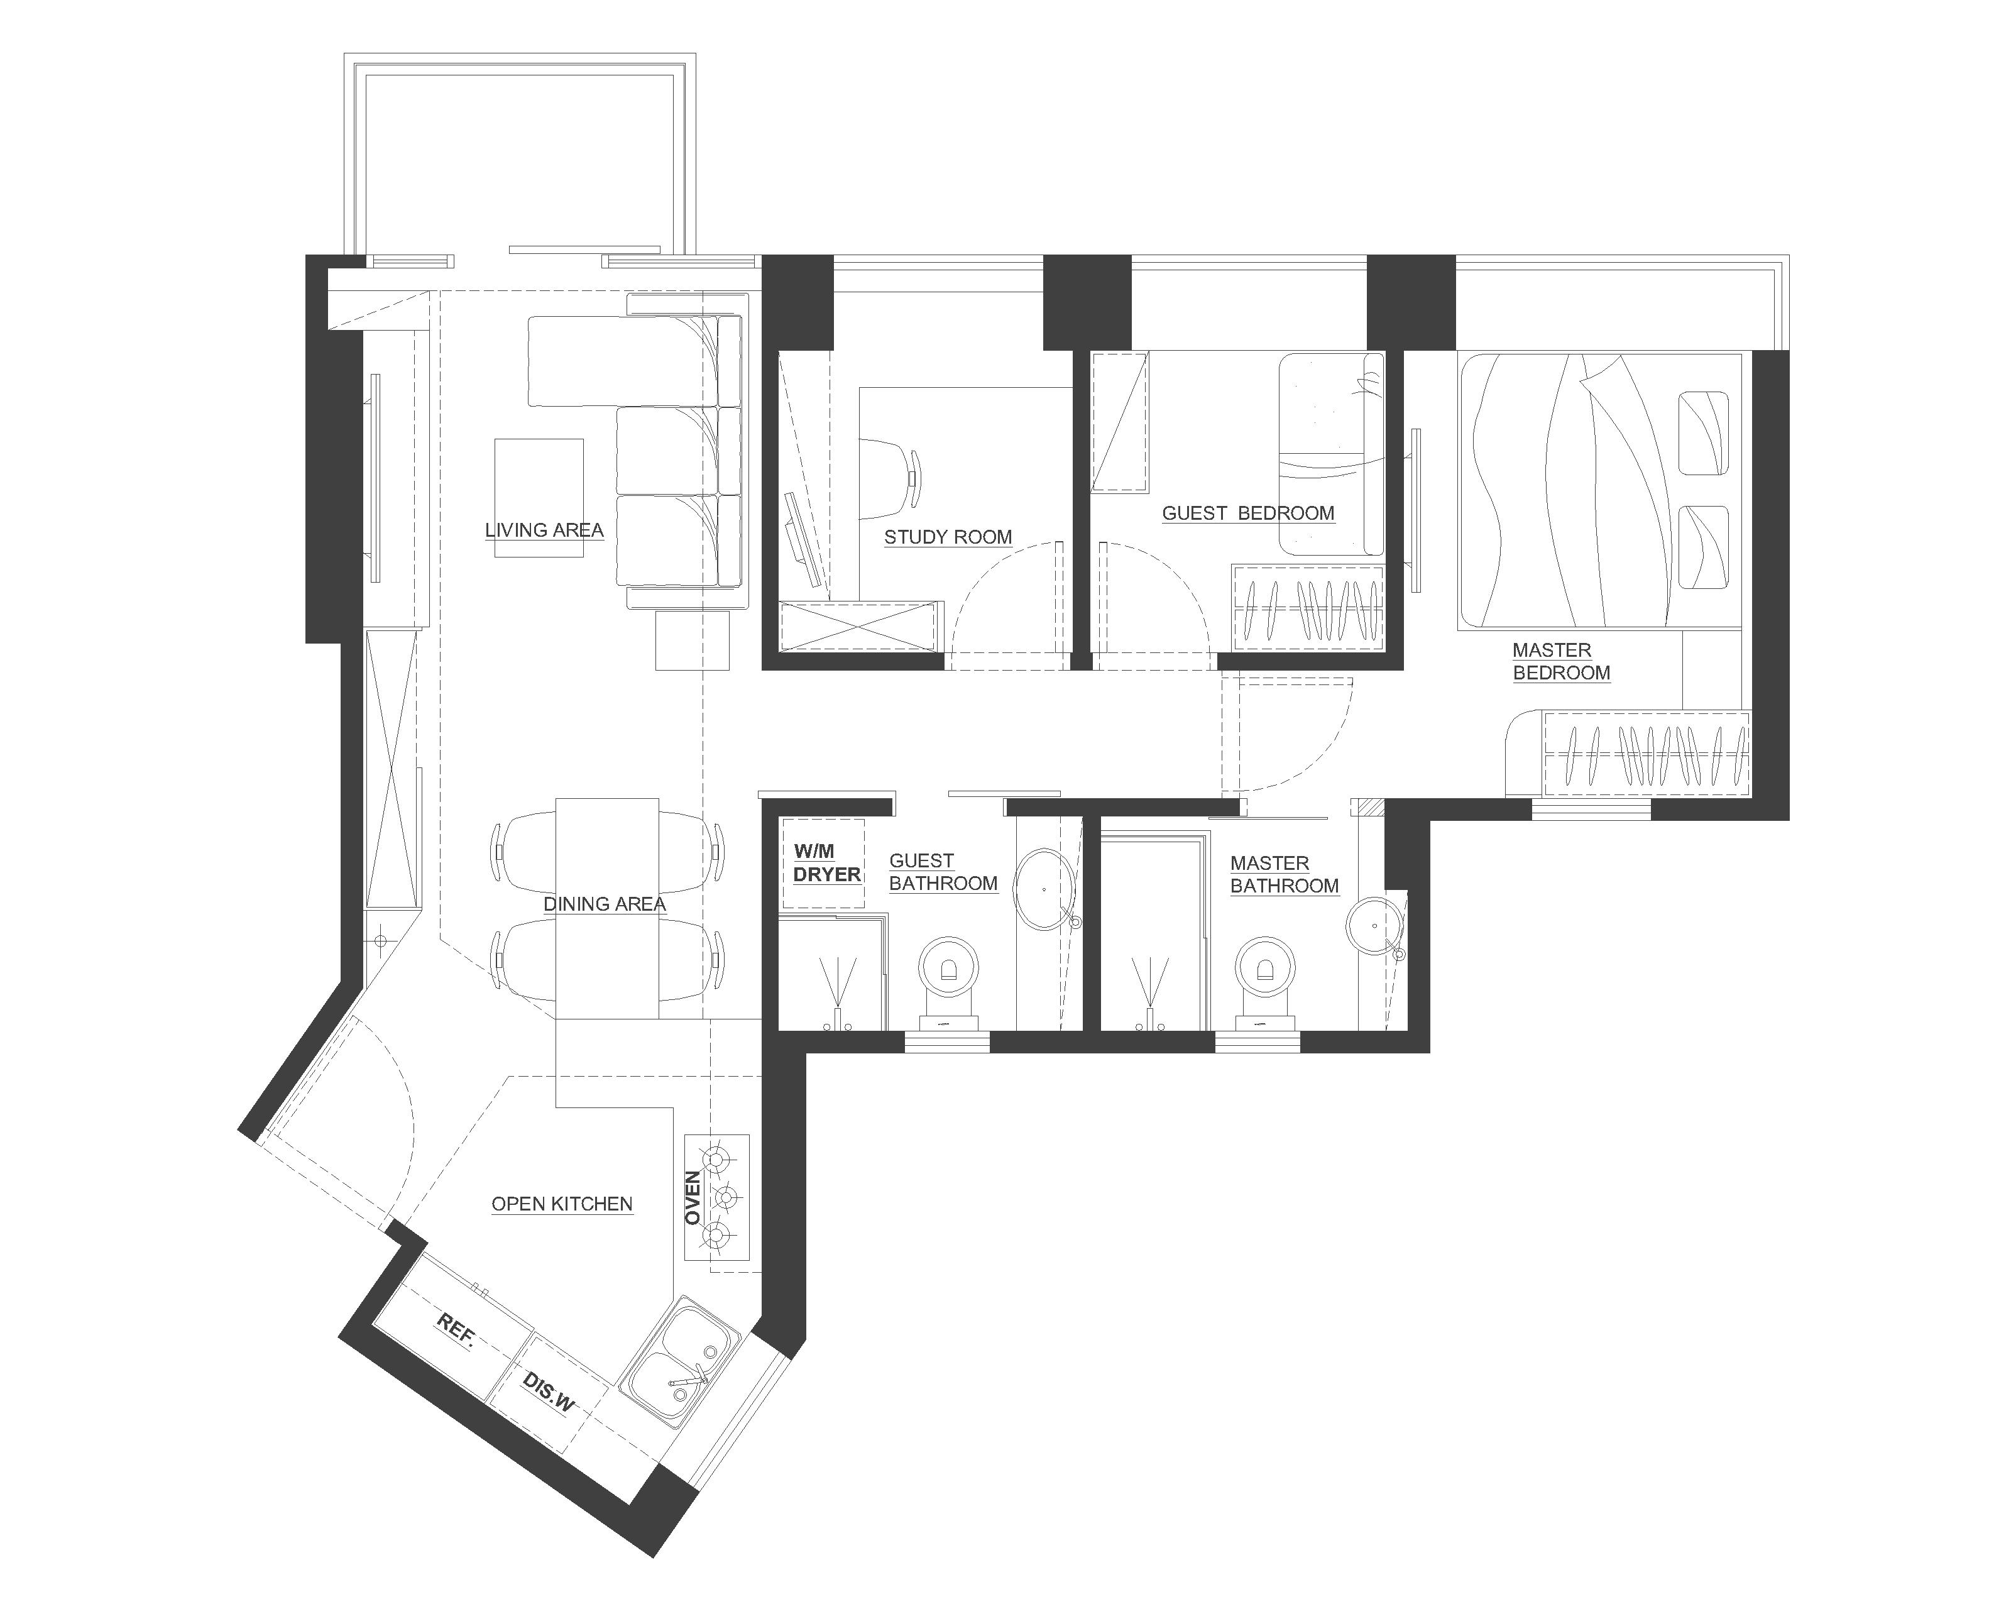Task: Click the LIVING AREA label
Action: [x=544, y=530]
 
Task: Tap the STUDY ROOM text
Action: [x=948, y=537]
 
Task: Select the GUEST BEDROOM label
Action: [x=1248, y=513]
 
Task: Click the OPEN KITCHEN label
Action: [x=562, y=1204]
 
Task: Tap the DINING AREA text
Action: [x=605, y=904]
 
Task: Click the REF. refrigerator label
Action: [x=456, y=1328]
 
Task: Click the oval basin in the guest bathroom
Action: [x=1044, y=890]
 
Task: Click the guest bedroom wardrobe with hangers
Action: [x=1308, y=607]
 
